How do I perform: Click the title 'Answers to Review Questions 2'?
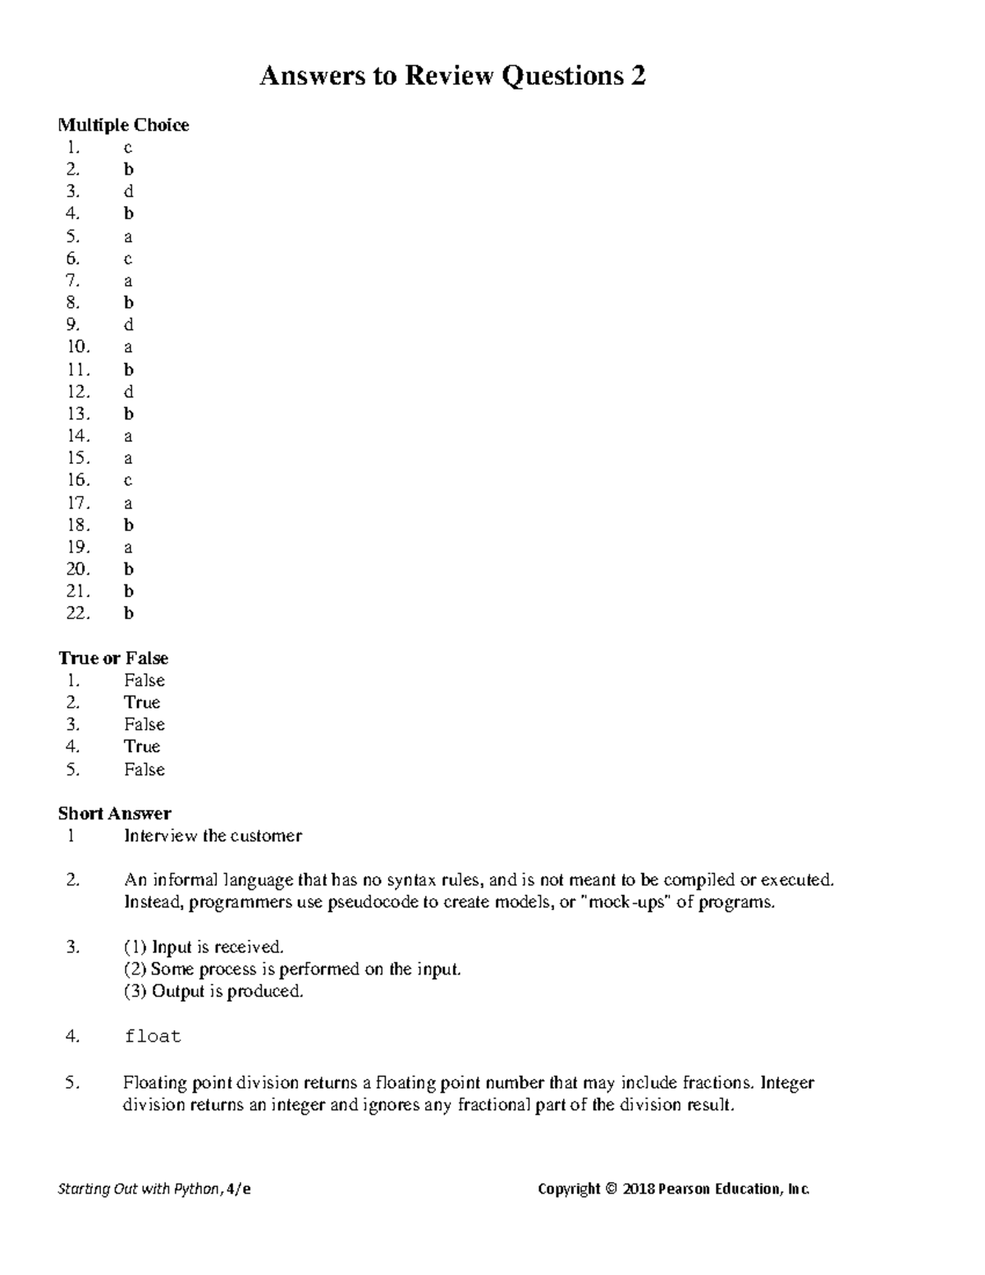tap(452, 76)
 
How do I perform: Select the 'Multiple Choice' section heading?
tap(123, 125)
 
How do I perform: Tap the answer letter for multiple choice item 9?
tap(128, 325)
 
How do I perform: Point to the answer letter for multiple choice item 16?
tap(128, 481)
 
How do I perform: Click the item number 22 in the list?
tap(78, 613)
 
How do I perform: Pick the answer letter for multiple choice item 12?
tap(128, 392)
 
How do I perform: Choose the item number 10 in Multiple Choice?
tap(78, 347)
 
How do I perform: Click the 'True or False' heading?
tap(113, 658)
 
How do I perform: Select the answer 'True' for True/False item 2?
tap(142, 703)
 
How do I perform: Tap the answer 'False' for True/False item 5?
tap(144, 770)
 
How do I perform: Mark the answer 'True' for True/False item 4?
tap(142, 747)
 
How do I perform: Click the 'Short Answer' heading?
tap(114, 814)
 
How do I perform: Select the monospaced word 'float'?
tap(152, 1037)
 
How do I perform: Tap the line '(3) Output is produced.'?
tap(213, 992)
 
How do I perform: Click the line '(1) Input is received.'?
tap(204, 947)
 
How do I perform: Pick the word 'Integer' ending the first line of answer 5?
tap(786, 1083)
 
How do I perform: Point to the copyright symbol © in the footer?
tap(610, 1189)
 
